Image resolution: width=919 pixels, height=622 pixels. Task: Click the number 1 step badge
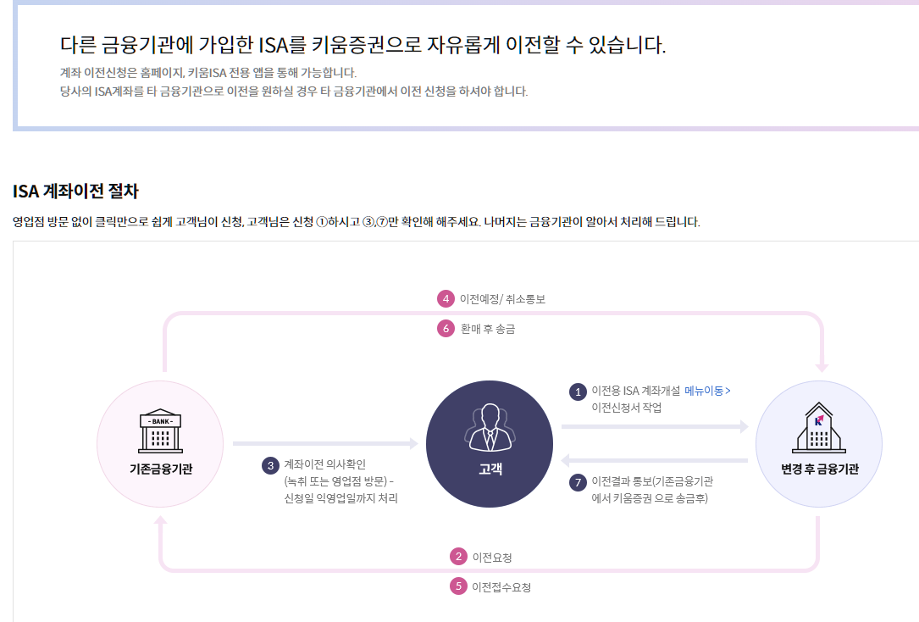click(578, 392)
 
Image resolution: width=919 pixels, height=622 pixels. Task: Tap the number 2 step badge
click(458, 557)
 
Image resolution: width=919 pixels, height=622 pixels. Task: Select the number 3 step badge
click(270, 465)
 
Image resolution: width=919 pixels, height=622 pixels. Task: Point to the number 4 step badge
click(446, 299)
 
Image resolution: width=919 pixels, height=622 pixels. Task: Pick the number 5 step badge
click(458, 586)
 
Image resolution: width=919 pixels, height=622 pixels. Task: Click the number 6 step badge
click(446, 329)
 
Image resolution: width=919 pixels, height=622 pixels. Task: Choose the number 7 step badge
click(578, 482)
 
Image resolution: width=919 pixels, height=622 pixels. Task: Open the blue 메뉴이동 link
click(706, 391)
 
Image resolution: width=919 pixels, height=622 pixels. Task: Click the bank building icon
click(160, 432)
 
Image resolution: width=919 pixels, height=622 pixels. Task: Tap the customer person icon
click(490, 428)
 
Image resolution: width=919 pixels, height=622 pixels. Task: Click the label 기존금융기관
click(161, 469)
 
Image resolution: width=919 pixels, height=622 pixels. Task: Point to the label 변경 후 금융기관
click(819, 469)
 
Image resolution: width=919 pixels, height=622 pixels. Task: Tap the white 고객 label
click(490, 469)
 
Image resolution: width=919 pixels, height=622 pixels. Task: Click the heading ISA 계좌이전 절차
click(75, 191)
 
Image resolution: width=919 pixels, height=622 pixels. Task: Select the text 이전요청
click(492, 558)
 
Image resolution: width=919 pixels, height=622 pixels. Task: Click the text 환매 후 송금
click(487, 329)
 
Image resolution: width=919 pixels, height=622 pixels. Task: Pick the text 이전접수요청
click(501, 586)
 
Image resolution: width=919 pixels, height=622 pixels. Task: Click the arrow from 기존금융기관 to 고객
click(325, 443)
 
